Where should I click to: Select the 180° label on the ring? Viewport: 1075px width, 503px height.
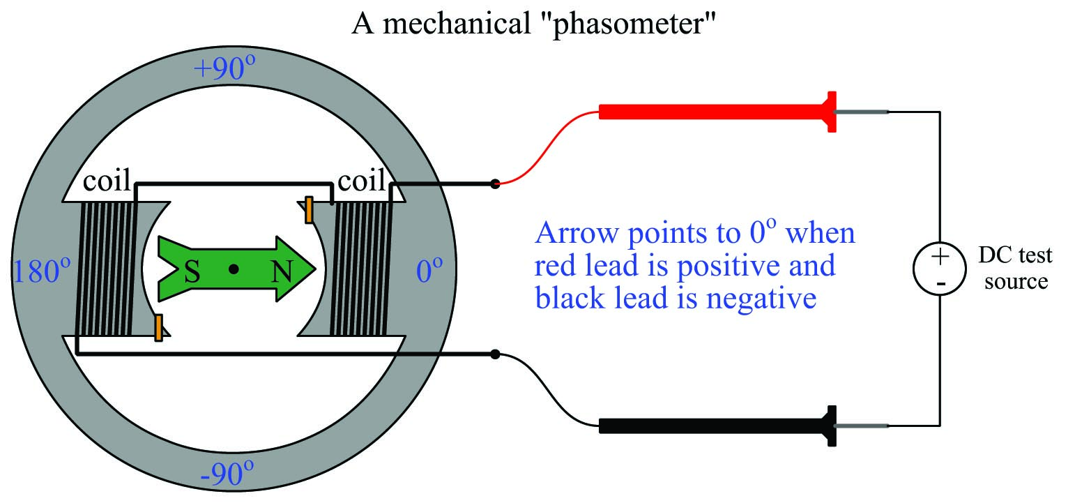point(42,272)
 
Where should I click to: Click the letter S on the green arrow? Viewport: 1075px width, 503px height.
point(192,272)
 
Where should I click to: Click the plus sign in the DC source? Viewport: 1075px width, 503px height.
point(940,256)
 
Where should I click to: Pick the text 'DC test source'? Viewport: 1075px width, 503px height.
point(1015,269)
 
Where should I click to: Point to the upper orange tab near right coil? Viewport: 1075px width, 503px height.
point(309,211)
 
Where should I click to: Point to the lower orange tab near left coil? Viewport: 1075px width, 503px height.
point(159,327)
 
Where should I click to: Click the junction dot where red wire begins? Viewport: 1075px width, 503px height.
point(494,184)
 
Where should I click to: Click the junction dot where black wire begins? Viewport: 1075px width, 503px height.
point(494,354)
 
